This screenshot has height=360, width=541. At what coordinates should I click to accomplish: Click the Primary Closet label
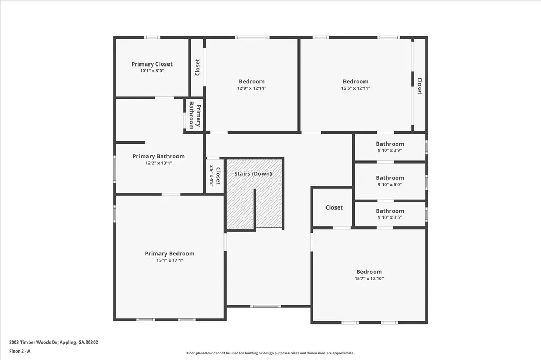coord(152,64)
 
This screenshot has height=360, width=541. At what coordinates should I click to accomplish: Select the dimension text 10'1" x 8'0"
coord(152,71)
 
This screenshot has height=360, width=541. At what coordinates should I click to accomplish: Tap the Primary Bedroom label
coord(170,253)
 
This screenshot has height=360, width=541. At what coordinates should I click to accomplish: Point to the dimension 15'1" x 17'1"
coord(170,260)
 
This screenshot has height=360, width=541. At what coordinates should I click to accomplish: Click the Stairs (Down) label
coord(253,173)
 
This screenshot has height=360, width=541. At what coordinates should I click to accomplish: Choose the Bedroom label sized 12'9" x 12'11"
coord(251,81)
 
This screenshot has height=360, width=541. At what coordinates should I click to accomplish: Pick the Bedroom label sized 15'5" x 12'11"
coord(356,81)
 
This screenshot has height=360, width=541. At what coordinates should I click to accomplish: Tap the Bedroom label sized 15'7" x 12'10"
coord(369,272)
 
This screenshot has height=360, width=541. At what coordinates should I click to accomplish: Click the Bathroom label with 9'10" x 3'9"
coord(390,144)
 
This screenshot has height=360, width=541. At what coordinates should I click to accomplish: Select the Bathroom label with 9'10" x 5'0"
coord(390,178)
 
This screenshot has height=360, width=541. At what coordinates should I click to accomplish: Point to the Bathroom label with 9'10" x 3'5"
coord(390,211)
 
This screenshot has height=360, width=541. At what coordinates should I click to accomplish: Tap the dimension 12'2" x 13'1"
coord(158,163)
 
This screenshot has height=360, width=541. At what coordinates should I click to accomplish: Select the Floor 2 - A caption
coord(20,351)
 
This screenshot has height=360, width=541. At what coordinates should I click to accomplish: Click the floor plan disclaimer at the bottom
coord(270,353)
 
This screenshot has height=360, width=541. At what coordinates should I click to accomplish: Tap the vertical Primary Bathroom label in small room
coord(195,116)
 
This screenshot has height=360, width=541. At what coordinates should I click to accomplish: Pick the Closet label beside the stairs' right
coord(334,207)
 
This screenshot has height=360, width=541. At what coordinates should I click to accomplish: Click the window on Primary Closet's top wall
coord(152,37)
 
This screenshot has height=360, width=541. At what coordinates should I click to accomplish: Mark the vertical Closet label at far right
coord(419,86)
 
